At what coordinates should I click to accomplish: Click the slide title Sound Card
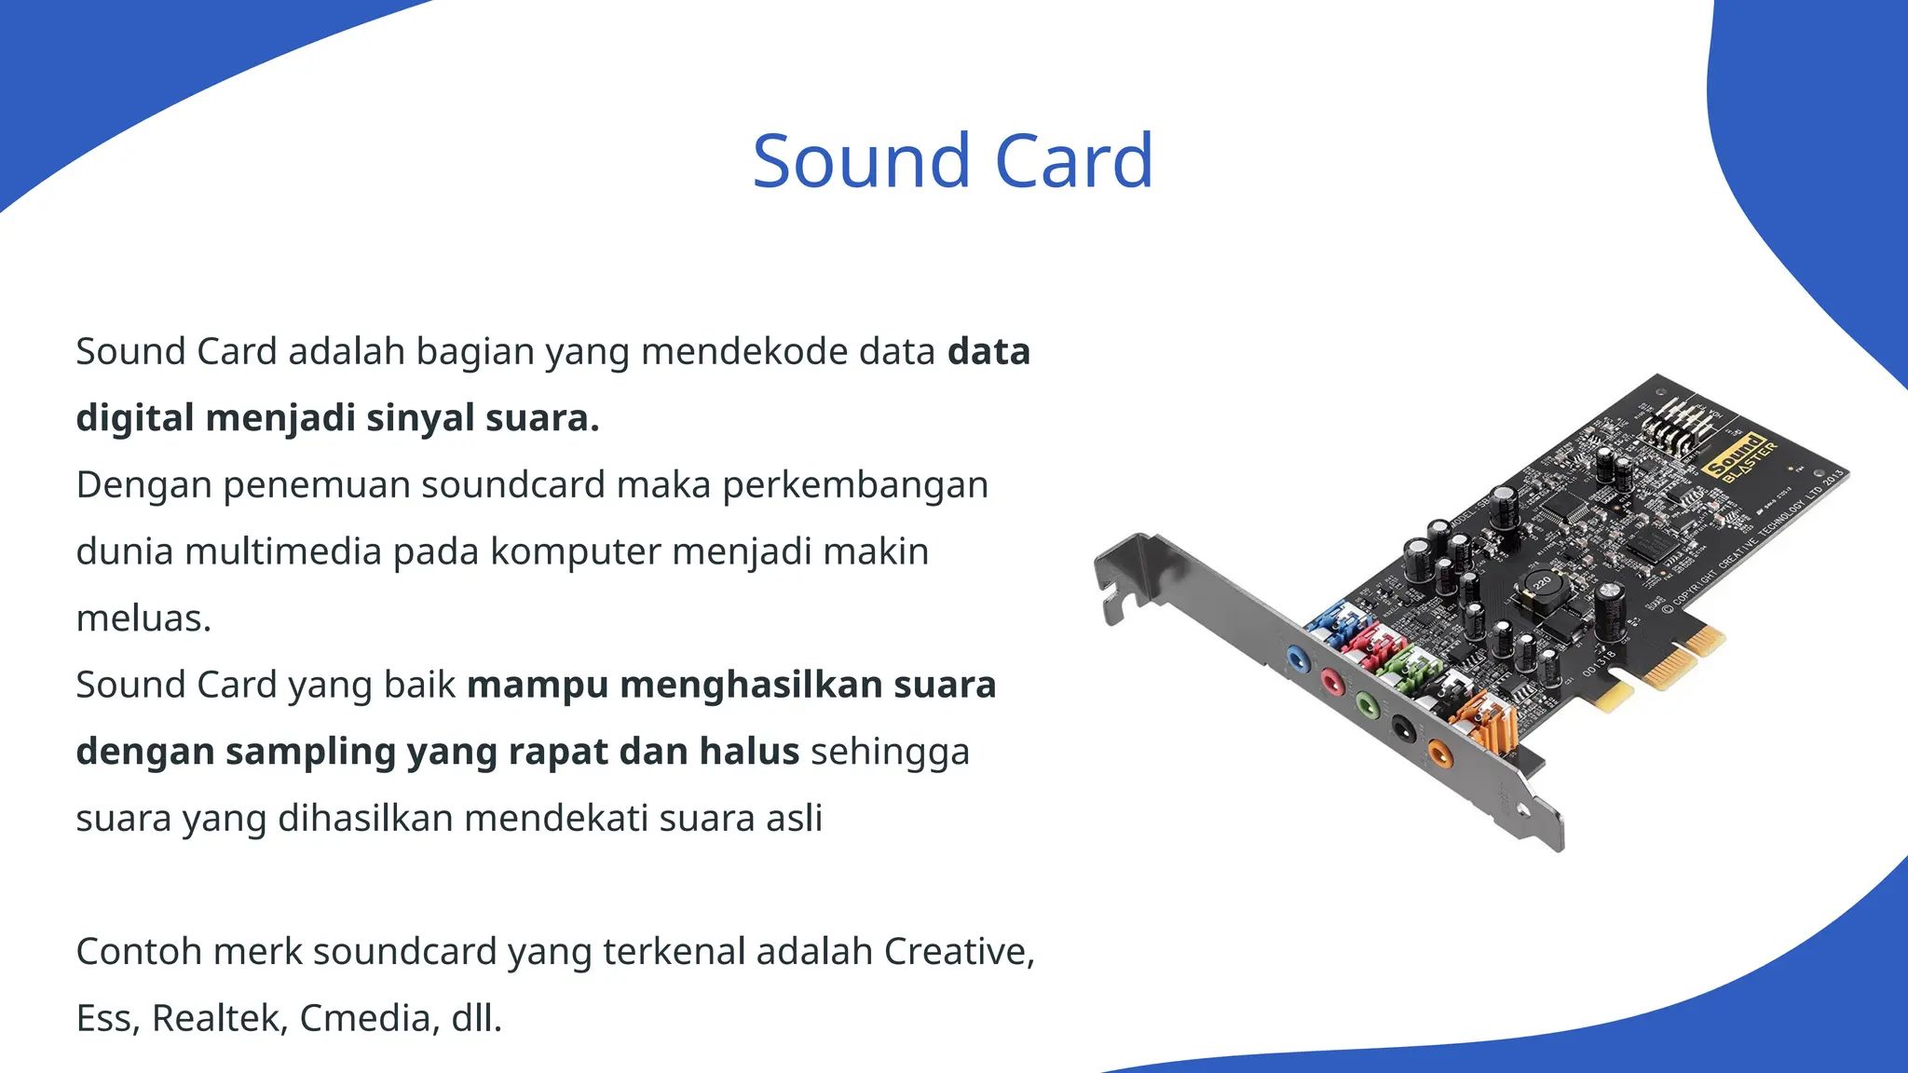[x=952, y=161]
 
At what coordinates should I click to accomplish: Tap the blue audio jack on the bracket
[x=1297, y=659]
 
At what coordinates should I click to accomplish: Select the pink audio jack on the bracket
[x=1333, y=683]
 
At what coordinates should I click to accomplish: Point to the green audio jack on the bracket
[x=1367, y=705]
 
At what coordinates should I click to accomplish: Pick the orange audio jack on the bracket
[x=1439, y=751]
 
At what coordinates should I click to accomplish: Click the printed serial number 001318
[x=1600, y=662]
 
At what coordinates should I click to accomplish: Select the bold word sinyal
[x=419, y=418]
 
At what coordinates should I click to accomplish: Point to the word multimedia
[x=283, y=551]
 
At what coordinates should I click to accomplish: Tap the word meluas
[x=143, y=618]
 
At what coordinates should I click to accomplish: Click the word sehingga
[x=890, y=752]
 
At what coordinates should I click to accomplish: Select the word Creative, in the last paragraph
[x=959, y=952]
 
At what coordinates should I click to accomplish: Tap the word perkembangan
[x=855, y=485]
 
